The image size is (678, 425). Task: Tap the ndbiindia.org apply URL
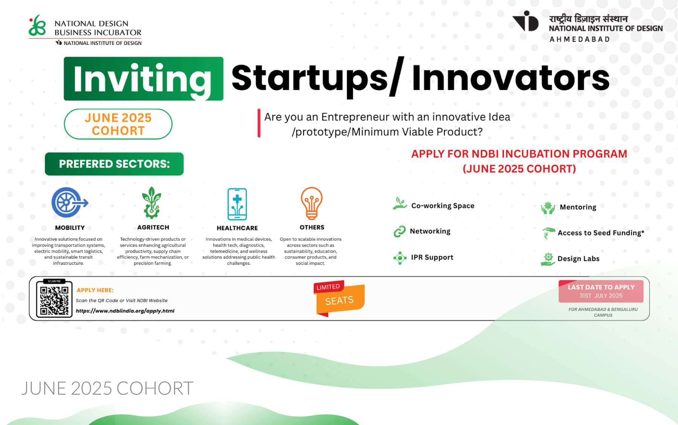[x=125, y=311]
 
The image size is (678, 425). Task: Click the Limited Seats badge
[x=339, y=298]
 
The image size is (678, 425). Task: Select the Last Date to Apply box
[x=601, y=291]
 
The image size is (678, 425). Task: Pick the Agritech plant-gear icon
[x=151, y=203]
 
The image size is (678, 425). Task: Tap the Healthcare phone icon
[x=237, y=204]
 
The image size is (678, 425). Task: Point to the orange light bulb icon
[x=312, y=203]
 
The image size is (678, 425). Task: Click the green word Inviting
[x=143, y=79]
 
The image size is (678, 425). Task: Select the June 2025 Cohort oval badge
[x=118, y=124]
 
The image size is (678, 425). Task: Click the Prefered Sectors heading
[x=114, y=164]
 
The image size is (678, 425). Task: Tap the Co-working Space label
[x=443, y=206]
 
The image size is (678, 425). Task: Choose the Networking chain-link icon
[x=399, y=231]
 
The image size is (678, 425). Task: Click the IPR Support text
[x=432, y=257]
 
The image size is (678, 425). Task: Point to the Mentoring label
[x=578, y=207]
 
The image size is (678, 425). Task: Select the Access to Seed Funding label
[x=601, y=233]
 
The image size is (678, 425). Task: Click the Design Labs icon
[x=548, y=259]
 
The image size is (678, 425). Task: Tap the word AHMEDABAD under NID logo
[x=580, y=39]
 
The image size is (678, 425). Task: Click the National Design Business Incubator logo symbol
[x=37, y=26]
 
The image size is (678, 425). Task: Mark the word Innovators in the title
[x=511, y=78]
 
